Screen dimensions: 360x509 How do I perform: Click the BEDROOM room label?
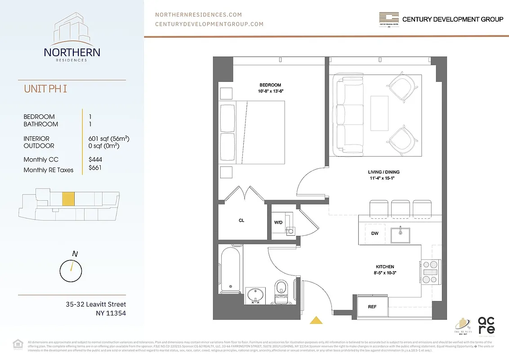coord(270,85)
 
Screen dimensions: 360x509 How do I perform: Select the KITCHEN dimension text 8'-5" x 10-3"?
coord(385,273)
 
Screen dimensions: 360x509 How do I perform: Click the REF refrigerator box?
coord(372,307)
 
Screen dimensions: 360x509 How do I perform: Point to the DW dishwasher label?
coord(375,234)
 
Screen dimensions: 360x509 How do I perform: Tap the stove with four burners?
coord(431,272)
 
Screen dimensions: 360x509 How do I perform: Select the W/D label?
coord(278,222)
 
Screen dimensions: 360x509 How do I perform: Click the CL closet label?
coord(241,220)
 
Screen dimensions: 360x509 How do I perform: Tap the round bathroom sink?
coord(256,296)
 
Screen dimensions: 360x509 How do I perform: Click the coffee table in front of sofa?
coord(379,113)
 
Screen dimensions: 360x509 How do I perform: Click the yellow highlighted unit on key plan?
coord(68,199)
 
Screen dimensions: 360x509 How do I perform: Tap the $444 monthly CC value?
coord(96,159)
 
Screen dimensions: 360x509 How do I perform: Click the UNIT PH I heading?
coord(45,89)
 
